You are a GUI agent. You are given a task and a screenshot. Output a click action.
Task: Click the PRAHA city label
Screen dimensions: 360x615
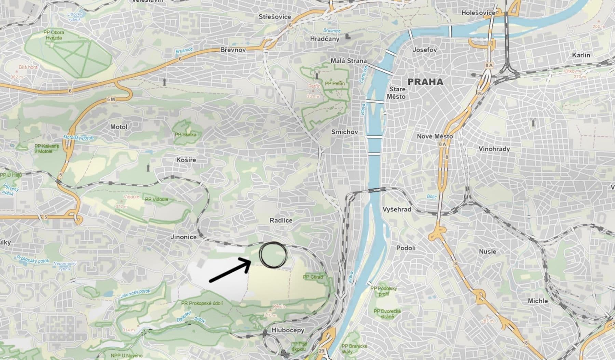425,82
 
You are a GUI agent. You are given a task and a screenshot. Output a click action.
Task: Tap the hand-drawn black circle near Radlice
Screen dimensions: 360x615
273,255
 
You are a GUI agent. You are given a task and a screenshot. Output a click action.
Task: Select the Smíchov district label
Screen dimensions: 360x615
344,132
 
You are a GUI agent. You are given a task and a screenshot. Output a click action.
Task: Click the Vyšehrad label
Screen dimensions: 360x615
397,209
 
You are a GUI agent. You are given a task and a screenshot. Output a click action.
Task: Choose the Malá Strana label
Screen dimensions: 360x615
348,61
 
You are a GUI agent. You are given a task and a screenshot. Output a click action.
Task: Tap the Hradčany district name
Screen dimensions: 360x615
325,39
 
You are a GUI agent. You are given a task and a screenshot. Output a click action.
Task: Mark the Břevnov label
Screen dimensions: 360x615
233,50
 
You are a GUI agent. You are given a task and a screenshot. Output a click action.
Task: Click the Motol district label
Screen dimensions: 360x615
119,127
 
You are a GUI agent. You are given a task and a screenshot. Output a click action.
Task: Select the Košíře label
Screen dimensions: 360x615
186,160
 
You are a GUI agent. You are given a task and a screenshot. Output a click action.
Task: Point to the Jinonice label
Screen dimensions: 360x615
184,237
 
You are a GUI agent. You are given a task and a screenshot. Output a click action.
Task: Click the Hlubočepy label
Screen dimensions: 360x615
288,330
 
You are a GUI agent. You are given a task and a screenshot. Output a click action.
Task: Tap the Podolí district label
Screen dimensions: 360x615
406,248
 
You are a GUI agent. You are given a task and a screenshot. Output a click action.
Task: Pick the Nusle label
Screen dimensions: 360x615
487,252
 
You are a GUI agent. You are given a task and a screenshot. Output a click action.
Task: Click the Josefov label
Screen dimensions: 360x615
425,50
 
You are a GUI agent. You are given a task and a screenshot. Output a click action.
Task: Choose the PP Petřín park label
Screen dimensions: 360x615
335,83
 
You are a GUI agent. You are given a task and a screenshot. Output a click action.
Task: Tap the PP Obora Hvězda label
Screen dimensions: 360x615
54,35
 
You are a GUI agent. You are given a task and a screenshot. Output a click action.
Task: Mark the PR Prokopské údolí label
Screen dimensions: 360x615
202,303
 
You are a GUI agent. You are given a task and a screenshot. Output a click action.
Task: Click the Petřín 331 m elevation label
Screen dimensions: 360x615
313,91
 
